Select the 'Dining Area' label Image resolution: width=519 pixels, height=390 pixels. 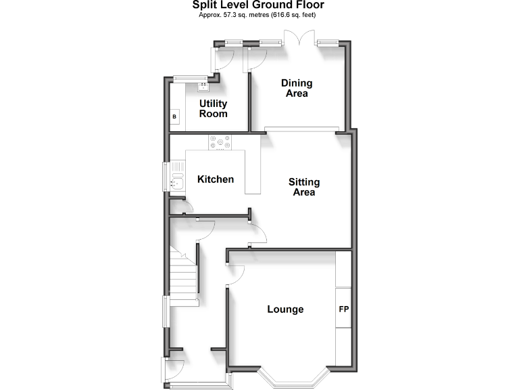(x=297, y=89)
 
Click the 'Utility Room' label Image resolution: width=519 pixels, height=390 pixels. (x=213, y=109)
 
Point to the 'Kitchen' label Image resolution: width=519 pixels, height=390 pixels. (x=216, y=179)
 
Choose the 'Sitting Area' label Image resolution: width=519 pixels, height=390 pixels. (x=304, y=187)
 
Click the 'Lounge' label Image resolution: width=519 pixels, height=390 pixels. (x=285, y=309)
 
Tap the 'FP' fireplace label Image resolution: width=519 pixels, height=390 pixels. (x=343, y=309)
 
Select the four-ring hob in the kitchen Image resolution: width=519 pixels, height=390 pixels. (x=220, y=143)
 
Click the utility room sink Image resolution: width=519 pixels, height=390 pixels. (x=202, y=86)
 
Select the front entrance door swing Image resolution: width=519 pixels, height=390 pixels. (x=174, y=368)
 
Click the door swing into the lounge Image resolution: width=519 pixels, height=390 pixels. (x=234, y=274)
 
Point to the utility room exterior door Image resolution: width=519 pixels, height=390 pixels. (x=223, y=62)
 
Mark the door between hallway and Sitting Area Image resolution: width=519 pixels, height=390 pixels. (x=257, y=234)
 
